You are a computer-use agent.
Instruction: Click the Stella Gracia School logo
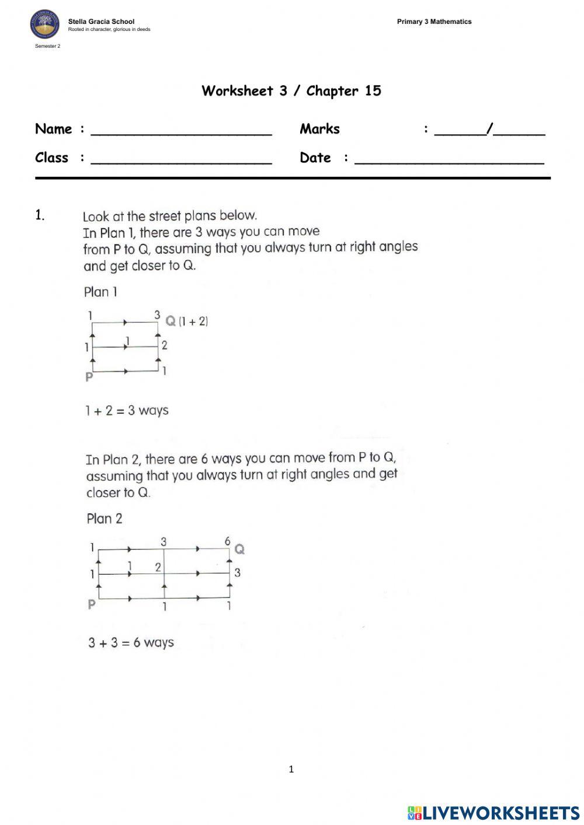tap(45, 25)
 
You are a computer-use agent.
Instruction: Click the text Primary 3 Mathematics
tap(434, 22)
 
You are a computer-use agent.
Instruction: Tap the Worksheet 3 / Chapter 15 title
tap(291, 90)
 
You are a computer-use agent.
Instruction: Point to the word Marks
tap(319, 129)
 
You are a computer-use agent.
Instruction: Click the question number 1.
tap(40, 215)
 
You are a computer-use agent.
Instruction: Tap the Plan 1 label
tap(100, 292)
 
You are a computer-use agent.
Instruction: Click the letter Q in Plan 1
tap(171, 321)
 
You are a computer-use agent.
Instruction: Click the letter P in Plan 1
tap(89, 377)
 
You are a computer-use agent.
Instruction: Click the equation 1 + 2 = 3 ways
tap(127, 410)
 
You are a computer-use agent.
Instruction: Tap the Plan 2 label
tap(105, 519)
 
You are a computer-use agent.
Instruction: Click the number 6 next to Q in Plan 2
tap(228, 541)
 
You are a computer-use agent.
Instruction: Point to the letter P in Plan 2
tap(92, 604)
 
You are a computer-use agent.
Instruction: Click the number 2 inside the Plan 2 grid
tap(158, 567)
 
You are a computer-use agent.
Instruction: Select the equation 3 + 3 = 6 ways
tap(131, 642)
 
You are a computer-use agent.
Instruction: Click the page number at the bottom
tap(291, 770)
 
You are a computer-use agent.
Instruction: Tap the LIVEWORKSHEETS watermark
tap(493, 813)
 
